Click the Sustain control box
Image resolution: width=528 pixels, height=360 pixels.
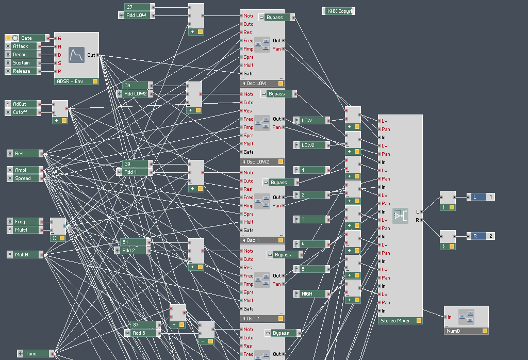[x=24, y=63]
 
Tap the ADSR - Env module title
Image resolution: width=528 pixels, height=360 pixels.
[x=72, y=81]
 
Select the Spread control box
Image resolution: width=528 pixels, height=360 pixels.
[x=25, y=178]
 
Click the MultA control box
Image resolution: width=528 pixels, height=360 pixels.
[x=25, y=255]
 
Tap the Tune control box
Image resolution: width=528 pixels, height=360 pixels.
[x=35, y=354]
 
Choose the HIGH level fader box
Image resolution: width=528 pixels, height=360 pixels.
[x=311, y=294]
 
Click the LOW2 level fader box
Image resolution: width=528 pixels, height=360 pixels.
[x=311, y=145]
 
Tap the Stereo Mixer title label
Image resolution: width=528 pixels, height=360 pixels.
[x=396, y=321]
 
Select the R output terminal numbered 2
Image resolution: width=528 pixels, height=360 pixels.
[x=480, y=236]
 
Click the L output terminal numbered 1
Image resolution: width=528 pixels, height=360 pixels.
[x=480, y=197]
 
